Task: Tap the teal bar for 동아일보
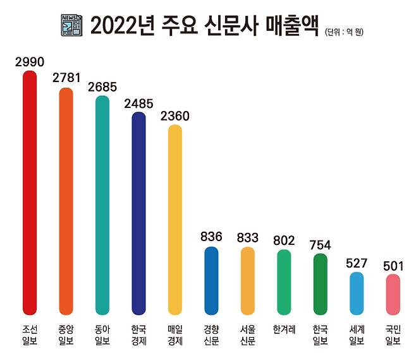(102, 204)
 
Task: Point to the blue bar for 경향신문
(211, 280)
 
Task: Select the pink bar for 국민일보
(393, 293)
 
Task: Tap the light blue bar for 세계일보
(357, 292)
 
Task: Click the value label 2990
(29, 62)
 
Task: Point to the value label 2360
(175, 116)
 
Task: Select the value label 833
(248, 238)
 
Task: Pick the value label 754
(321, 244)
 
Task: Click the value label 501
(393, 264)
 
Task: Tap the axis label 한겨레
(284, 329)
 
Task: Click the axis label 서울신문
(248, 335)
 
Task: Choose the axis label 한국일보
(321, 335)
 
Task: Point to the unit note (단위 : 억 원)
(347, 30)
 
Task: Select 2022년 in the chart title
(122, 24)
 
